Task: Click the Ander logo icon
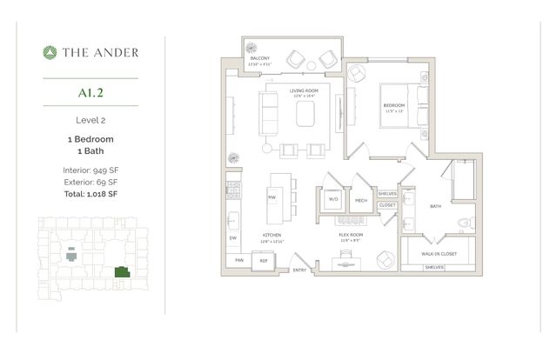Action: (50, 52)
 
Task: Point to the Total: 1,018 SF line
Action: (91, 196)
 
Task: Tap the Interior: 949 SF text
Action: (91, 170)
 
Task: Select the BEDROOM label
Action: (396, 106)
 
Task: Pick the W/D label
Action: (332, 200)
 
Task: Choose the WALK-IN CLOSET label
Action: (440, 254)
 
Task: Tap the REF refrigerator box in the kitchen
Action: (263, 260)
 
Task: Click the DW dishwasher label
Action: (232, 237)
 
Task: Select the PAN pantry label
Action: (238, 260)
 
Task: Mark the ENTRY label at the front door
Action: (299, 270)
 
